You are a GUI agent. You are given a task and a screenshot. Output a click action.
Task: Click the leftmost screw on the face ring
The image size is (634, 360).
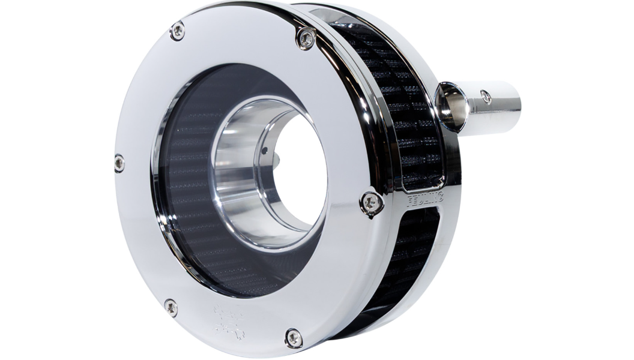pyautogui.click(x=119, y=163)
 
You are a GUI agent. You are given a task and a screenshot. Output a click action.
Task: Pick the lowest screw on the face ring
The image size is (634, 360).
pyautogui.click(x=294, y=338)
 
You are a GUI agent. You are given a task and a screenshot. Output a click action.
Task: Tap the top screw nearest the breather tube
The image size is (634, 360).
pyautogui.click(x=306, y=39)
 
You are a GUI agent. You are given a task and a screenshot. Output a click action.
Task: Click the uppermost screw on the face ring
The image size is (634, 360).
pyautogui.click(x=177, y=31)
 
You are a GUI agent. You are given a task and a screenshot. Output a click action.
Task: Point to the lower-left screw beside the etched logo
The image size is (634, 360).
pyautogui.click(x=171, y=307)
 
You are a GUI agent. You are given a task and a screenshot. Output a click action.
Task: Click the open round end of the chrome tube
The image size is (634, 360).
pyautogui.click(x=453, y=106)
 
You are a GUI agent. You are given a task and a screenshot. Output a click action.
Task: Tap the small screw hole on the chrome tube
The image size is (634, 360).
pyautogui.click(x=486, y=96)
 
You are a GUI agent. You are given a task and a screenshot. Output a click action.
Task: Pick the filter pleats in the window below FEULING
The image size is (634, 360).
pyautogui.click(x=414, y=252)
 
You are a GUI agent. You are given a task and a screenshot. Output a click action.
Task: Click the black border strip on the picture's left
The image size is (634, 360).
pyautogui.click(x=57, y=180)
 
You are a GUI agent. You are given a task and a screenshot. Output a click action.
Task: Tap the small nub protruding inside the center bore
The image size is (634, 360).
pyautogui.click(x=277, y=158)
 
